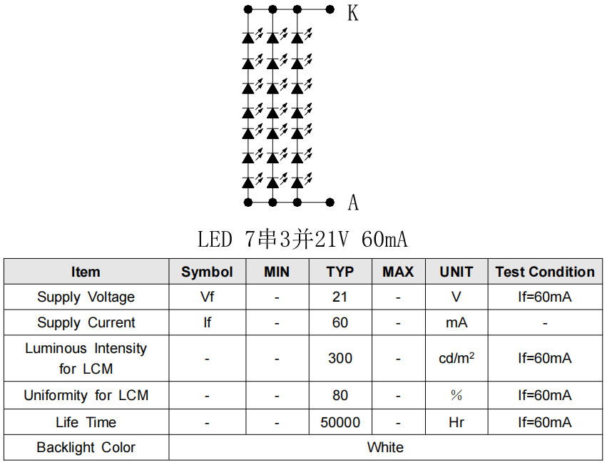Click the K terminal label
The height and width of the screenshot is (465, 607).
coord(352,12)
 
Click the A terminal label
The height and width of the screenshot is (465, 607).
coord(353,203)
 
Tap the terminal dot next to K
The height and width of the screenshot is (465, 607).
coord(330,9)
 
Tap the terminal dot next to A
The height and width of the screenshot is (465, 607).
coord(330,203)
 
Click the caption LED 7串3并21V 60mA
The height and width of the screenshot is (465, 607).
coord(302,239)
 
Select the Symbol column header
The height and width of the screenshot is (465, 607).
coord(207,272)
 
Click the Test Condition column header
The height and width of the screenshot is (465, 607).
coord(545,272)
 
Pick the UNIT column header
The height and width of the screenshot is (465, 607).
coord(456,272)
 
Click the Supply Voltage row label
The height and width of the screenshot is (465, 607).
coord(86,297)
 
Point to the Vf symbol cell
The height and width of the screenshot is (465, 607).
coord(207,297)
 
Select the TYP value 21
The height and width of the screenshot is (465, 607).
coord(340,297)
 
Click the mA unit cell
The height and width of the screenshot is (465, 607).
coord(456,322)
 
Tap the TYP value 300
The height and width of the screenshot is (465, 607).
coord(340,358)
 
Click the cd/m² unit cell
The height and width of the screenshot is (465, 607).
coord(456,358)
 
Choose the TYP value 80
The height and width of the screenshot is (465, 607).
coord(340,395)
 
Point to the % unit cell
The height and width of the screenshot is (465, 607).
coord(456,395)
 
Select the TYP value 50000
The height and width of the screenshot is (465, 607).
coord(340,422)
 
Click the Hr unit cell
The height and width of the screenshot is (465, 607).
coord(456,422)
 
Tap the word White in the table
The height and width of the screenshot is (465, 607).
coord(385,447)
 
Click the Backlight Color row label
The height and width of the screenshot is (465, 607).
coord(86,447)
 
